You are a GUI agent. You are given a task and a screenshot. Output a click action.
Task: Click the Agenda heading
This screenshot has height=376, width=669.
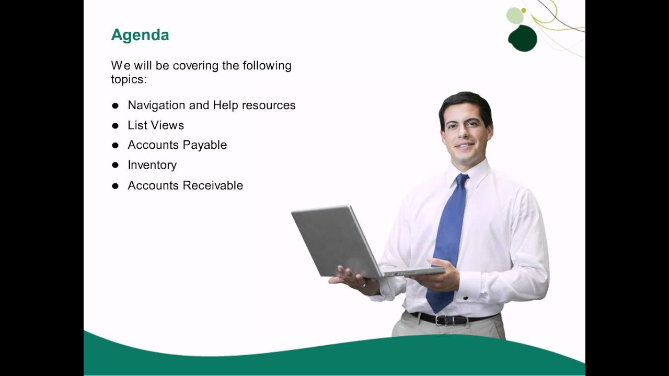[x=140, y=35]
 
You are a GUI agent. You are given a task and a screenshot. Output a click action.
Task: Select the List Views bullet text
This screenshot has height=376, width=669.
[x=156, y=125]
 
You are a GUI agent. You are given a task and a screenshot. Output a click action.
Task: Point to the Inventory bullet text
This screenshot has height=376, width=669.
[x=152, y=165]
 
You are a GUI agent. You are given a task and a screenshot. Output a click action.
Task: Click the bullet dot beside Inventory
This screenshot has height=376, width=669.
[x=115, y=165]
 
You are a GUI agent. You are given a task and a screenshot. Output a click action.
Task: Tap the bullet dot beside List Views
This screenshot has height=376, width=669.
[x=115, y=125]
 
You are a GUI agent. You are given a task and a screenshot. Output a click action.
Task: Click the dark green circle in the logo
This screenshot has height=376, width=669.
[x=523, y=39]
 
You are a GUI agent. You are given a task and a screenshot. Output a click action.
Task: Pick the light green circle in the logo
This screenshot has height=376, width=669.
[x=515, y=16]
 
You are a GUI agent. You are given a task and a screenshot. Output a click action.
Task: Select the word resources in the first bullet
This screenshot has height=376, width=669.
[x=269, y=105]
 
